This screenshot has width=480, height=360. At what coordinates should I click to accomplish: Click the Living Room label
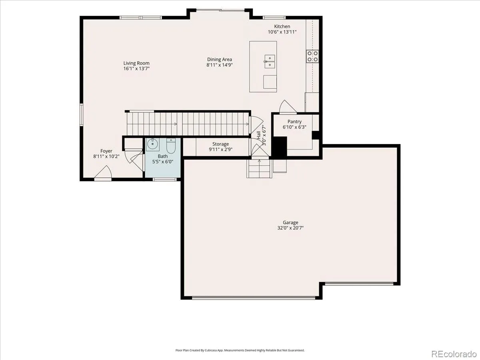(x=136, y=63)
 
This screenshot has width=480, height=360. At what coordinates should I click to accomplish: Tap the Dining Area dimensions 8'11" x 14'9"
(x=219, y=65)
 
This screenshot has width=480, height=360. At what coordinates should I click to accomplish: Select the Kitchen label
(x=282, y=26)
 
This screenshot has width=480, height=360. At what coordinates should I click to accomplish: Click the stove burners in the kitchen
(x=312, y=56)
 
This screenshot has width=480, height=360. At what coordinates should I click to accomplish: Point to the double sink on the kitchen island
(x=270, y=62)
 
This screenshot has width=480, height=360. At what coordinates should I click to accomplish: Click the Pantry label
(x=294, y=122)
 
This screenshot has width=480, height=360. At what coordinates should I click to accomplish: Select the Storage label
(x=220, y=144)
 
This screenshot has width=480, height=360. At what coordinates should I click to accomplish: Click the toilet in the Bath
(x=171, y=145)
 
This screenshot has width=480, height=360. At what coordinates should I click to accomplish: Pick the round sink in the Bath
(x=153, y=144)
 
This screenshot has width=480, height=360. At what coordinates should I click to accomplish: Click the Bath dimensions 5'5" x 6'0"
(x=163, y=162)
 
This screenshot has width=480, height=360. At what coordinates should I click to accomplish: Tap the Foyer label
(x=106, y=151)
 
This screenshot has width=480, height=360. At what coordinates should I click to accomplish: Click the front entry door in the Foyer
(x=103, y=173)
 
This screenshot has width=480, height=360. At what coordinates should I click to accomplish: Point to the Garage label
(x=290, y=222)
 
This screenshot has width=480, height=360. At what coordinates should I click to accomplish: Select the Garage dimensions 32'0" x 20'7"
(x=290, y=228)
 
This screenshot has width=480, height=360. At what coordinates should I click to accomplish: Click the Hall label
(x=259, y=135)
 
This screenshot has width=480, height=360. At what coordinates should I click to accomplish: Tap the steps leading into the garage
(x=259, y=168)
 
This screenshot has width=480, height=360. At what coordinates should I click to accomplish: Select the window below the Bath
(x=164, y=180)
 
